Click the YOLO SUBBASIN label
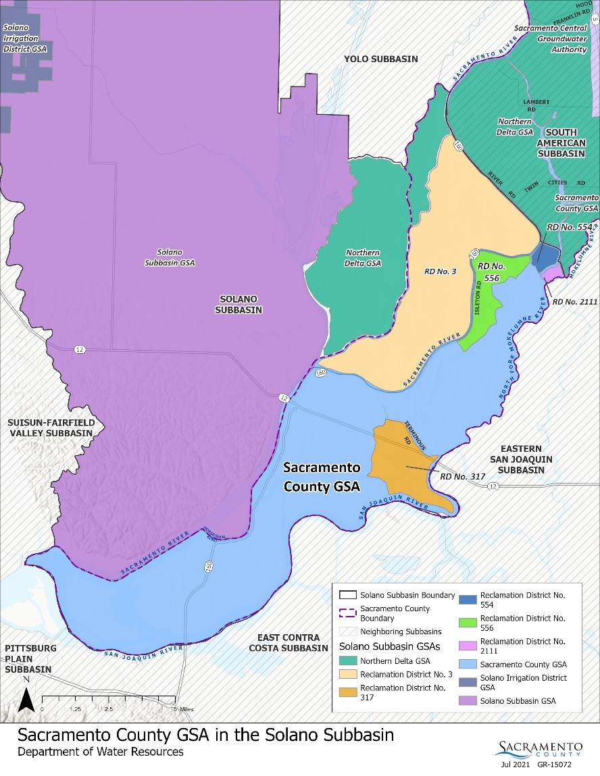point(380,59)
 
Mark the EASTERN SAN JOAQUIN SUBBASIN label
point(530,459)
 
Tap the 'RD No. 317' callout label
point(462,476)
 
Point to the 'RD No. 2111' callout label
point(575,302)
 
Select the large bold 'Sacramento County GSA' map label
point(321,476)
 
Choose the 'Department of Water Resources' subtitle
point(100,752)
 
